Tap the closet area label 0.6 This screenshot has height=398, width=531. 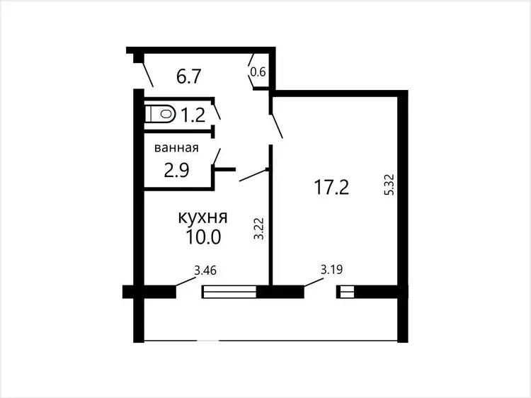(x=258, y=72)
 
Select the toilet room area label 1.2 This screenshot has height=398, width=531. (x=193, y=115)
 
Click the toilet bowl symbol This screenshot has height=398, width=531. (x=160, y=113)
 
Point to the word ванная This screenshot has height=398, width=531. (x=176, y=148)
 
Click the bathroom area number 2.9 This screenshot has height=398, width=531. (x=176, y=171)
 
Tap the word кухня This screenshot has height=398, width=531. (x=203, y=217)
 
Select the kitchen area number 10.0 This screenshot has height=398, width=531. (x=203, y=237)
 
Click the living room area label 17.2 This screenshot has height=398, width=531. (x=331, y=187)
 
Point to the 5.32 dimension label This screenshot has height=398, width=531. (x=390, y=184)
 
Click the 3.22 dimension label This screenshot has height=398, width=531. (x=259, y=228)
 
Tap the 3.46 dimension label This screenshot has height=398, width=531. (x=205, y=271)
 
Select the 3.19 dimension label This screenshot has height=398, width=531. (x=331, y=270)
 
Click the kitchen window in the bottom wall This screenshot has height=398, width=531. (x=229, y=292)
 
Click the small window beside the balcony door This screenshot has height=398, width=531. (x=345, y=292)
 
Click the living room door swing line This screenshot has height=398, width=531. (x=276, y=126)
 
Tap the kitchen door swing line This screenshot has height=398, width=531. (x=253, y=175)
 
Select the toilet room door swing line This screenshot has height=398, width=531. (x=217, y=111)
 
